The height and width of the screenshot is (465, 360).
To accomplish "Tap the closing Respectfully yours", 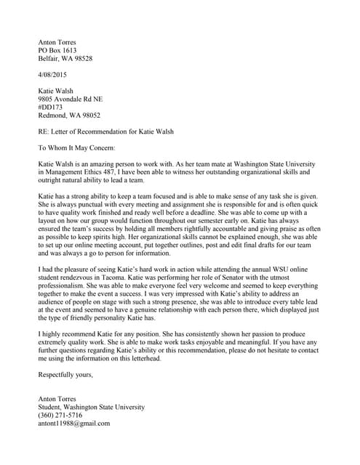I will tap(65, 374).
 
